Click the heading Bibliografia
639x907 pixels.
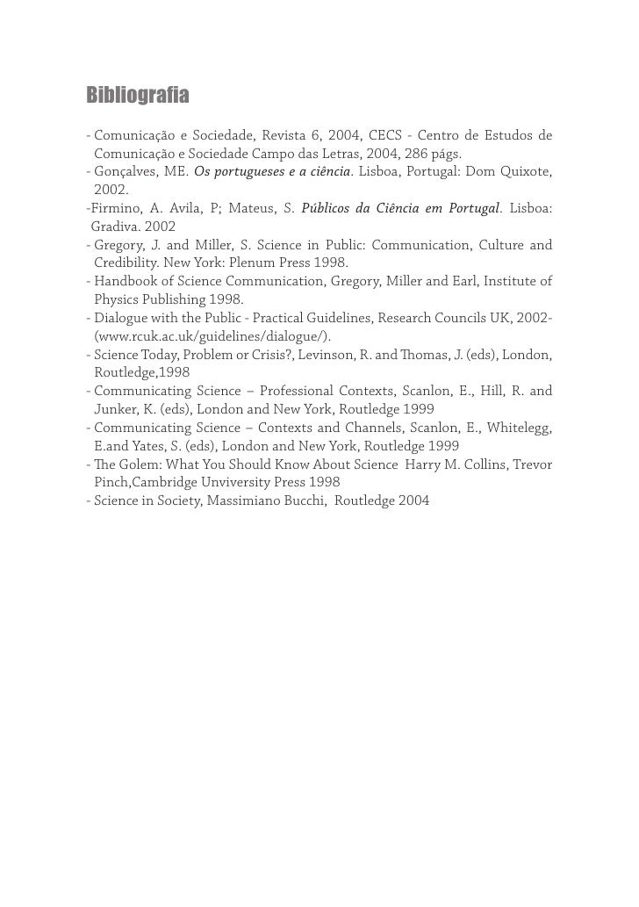pos(138,94)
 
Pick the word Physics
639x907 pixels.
pos(118,299)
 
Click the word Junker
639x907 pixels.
pos(115,409)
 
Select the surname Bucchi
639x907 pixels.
pos(297,500)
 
